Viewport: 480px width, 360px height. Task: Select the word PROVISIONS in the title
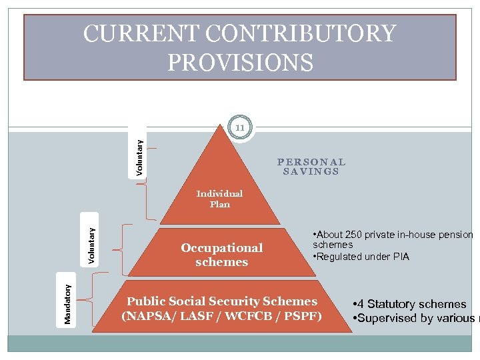pyautogui.click(x=240, y=62)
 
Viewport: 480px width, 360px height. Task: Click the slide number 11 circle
pyautogui.click(x=240, y=127)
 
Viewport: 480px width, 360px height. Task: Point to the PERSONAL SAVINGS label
pyautogui.click(x=311, y=167)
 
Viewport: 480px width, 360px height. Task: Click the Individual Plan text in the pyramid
pyautogui.click(x=219, y=199)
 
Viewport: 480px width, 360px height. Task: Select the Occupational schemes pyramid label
pyautogui.click(x=221, y=255)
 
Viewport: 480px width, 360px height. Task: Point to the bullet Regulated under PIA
pyautogui.click(x=363, y=257)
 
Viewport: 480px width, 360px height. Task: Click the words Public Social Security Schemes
pyautogui.click(x=223, y=301)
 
